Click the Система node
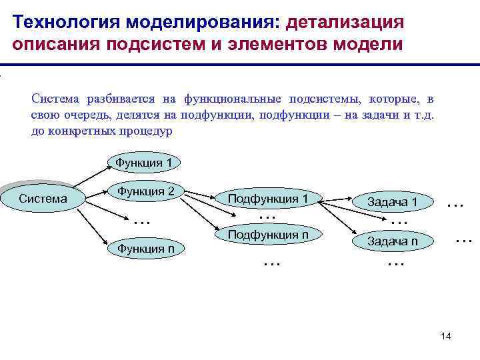(43, 198)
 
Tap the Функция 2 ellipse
(146, 192)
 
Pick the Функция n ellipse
(146, 249)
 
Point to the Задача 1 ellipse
(393, 202)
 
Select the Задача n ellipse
(393, 241)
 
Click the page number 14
(446, 336)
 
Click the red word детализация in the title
(344, 23)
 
